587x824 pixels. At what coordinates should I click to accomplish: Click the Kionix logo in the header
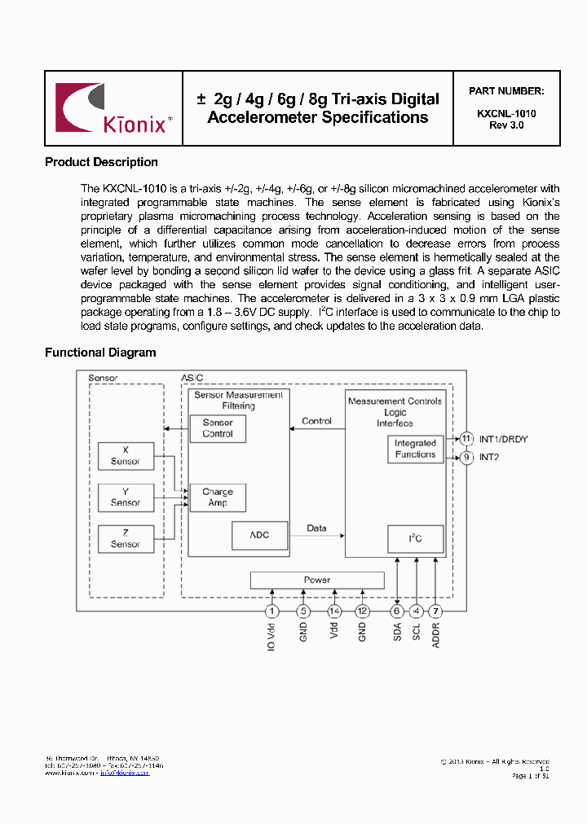[113, 108]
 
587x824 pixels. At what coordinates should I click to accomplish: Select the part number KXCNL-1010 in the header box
[506, 114]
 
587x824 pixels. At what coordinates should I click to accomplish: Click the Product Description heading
[101, 162]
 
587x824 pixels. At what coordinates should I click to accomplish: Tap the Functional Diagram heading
[100, 353]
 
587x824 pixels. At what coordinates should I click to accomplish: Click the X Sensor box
[125, 456]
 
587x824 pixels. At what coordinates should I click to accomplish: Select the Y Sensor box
[125, 497]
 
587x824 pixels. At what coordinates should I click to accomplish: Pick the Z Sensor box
[125, 538]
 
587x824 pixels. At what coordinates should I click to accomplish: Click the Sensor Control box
[218, 428]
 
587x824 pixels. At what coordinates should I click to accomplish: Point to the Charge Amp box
[218, 497]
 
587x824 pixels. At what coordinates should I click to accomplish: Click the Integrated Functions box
[415, 449]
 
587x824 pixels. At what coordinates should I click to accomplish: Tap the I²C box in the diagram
[415, 539]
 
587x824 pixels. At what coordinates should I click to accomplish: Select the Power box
[316, 580]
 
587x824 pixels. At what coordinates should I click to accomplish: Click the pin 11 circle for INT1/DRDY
[466, 439]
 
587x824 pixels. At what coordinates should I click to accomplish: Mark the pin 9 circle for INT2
[466, 458]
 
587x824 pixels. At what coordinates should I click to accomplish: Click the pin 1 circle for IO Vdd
[272, 611]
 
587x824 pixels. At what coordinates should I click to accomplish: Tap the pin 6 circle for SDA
[397, 611]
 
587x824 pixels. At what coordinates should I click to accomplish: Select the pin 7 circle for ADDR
[436, 611]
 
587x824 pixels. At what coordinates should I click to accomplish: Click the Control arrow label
[316, 421]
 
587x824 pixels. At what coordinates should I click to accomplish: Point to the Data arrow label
[316, 528]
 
